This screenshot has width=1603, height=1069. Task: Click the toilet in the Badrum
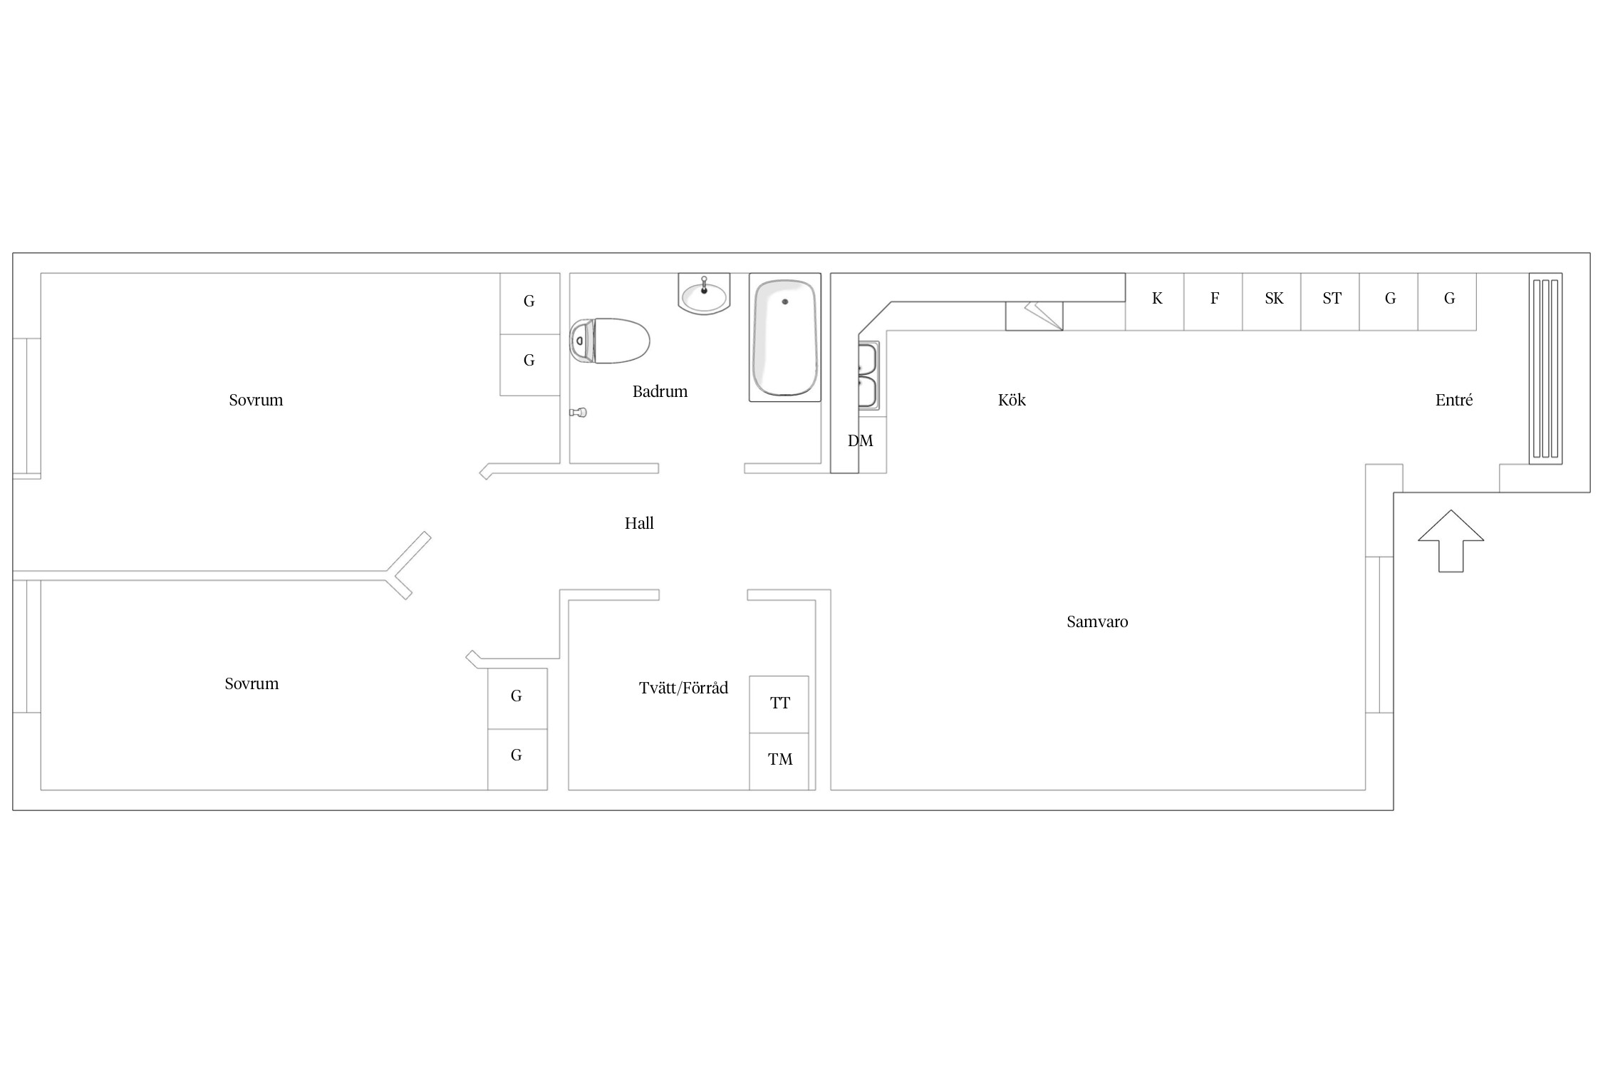click(x=609, y=341)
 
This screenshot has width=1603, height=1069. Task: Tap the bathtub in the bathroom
click(x=785, y=337)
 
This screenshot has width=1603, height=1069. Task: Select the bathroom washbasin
click(x=704, y=294)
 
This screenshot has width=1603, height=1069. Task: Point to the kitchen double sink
click(x=868, y=375)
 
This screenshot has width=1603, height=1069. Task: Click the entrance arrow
click(x=1451, y=541)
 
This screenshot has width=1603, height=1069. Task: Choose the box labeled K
click(x=1155, y=301)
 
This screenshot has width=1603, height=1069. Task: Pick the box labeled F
click(x=1213, y=301)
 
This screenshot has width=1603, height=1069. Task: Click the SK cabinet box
click(x=1272, y=301)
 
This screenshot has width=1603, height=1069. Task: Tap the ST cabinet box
click(x=1330, y=301)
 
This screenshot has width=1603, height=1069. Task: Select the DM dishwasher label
click(x=860, y=441)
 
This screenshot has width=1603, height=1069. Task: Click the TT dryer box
click(x=779, y=704)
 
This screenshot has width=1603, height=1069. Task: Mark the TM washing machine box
click(x=779, y=761)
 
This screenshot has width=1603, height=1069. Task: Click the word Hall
click(x=639, y=523)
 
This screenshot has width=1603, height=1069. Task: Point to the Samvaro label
click(x=1097, y=621)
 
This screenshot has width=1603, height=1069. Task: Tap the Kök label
click(x=1012, y=400)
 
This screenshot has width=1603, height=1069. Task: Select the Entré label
click(x=1453, y=400)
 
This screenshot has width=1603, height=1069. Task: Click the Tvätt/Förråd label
click(x=683, y=688)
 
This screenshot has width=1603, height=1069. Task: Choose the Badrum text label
click(x=660, y=391)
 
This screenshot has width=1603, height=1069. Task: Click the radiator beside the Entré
click(x=1545, y=368)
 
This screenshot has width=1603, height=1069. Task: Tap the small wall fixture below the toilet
click(x=578, y=413)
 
